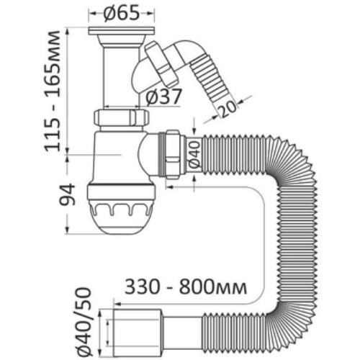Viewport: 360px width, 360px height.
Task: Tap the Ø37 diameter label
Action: [163, 96]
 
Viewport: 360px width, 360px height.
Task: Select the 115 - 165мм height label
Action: [52, 91]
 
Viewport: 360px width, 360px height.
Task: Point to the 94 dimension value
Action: [68, 194]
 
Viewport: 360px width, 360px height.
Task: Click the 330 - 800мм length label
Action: [186, 287]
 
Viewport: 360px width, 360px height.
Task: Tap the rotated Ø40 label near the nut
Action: [194, 154]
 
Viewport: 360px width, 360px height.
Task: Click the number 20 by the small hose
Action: [228, 109]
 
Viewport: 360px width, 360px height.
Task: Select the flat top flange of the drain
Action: [122, 31]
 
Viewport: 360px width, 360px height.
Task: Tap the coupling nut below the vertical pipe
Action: [121, 117]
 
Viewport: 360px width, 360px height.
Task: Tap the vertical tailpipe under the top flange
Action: [122, 77]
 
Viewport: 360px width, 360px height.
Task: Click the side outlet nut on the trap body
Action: [171, 155]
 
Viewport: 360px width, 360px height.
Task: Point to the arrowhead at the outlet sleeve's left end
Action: [117, 305]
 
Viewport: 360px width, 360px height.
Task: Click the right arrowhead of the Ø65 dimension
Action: [151, 14]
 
